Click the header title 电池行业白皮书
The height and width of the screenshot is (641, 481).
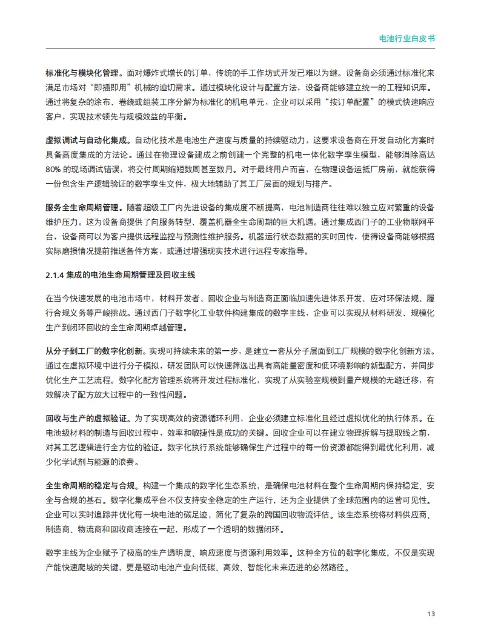click(x=406, y=38)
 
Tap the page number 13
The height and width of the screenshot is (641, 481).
click(x=431, y=613)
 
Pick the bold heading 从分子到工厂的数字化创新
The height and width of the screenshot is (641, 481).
click(x=94, y=351)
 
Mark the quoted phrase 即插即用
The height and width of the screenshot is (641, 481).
click(x=134, y=87)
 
